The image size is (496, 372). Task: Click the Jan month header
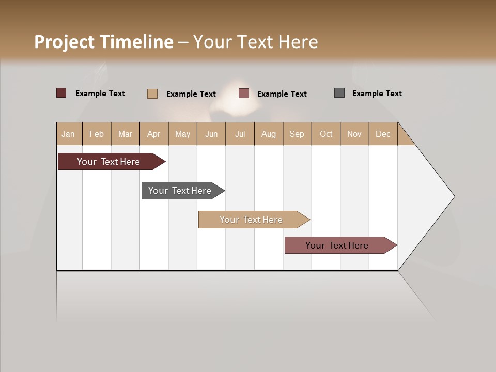68,134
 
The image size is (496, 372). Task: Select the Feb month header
97,134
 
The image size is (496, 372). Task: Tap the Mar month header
125,134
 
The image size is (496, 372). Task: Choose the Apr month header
153,134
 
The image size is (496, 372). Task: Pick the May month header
182,134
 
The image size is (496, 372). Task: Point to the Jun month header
211,134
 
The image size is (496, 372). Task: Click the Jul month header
240,134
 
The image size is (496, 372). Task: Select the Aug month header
269,134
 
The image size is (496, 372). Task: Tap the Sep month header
297,134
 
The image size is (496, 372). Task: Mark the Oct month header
326,134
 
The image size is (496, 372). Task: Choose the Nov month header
354,134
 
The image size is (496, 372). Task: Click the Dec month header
383,134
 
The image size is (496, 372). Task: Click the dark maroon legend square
61,93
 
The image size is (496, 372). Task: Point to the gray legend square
339,93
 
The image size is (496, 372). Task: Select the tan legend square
152,94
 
